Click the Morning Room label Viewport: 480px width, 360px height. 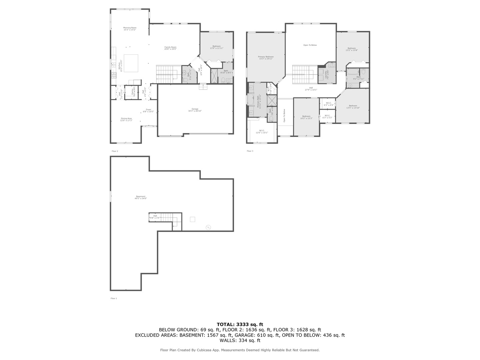(x=130, y=28)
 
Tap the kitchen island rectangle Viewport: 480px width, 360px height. (x=131, y=63)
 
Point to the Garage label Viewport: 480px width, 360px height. (x=195, y=109)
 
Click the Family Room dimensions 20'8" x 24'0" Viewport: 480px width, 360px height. (x=170, y=49)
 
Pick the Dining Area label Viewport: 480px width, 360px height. (x=126, y=118)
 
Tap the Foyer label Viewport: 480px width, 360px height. (x=148, y=110)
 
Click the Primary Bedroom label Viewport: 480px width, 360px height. (x=266, y=57)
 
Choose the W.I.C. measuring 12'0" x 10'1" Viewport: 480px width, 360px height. (x=262, y=132)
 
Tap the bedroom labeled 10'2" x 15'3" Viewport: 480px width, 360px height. (x=306, y=117)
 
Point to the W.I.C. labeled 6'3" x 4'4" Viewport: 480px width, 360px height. (x=328, y=104)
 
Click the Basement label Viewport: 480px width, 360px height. (x=140, y=196)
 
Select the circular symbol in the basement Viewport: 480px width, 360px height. (x=208, y=227)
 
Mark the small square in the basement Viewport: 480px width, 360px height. (x=192, y=219)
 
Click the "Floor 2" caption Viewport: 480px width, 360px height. (x=115, y=151)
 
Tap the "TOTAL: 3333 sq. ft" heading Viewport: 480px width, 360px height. (x=240, y=324)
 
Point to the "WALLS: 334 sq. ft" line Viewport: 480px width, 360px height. (x=240, y=340)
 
